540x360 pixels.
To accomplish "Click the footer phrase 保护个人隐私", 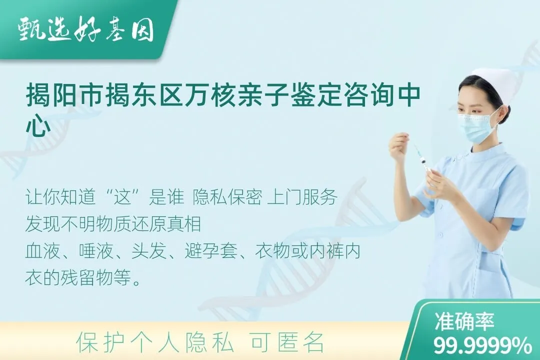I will point(155,342).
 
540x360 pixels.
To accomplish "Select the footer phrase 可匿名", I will point(287,342).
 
